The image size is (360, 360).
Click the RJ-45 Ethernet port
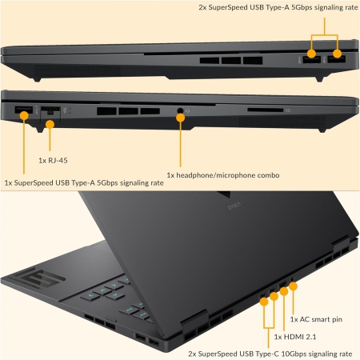point(50,111)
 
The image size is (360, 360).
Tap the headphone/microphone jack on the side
point(180,110)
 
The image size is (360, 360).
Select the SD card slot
point(265,110)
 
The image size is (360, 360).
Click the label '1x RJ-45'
point(53,161)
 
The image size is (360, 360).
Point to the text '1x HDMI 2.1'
point(295,337)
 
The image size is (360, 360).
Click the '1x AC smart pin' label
point(316,319)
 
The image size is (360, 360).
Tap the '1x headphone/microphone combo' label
point(223,175)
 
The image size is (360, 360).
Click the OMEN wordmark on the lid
point(234,206)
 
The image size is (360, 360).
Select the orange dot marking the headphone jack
point(181,118)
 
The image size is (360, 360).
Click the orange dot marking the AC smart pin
point(293,286)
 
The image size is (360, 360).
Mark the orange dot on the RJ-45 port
point(50,124)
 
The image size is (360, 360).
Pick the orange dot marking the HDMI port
point(284,291)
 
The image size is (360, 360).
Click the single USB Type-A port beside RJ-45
point(24,110)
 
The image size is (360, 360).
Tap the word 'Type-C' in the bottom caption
point(267,354)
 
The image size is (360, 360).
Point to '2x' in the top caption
point(202,7)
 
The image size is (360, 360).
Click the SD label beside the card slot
point(288,110)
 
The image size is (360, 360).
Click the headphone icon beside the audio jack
point(188,110)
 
